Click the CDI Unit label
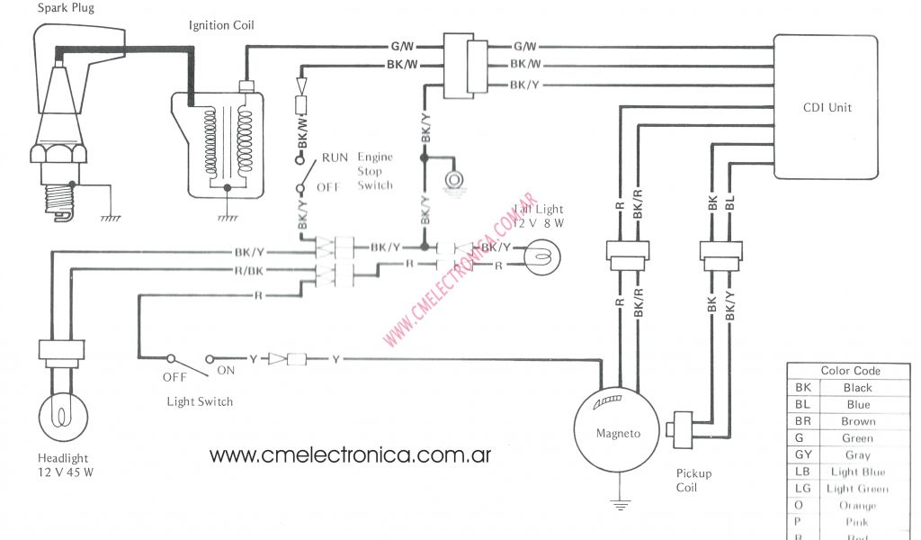coord(827,108)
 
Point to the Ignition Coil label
coord(221,25)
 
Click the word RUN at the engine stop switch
coord(335,157)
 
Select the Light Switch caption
coord(200,401)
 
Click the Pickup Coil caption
coord(693,481)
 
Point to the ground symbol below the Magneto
coord(618,506)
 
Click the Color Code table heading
coord(850,371)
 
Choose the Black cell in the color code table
coord(857,388)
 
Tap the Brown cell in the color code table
coord(858,421)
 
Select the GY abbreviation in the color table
coord(803,455)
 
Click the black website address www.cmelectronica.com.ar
coord(350,454)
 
